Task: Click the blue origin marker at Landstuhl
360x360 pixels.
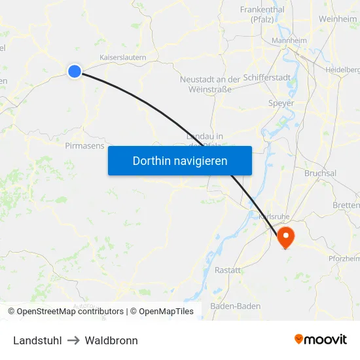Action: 75,71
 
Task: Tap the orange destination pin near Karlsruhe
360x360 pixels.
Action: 286,236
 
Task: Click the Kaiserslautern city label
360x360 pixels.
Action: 122,58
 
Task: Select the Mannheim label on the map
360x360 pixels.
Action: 289,41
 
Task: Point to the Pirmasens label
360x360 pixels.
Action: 85,146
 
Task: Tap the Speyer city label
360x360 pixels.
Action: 281,103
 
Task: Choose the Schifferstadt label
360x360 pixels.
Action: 267,77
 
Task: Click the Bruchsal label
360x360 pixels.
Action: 320,173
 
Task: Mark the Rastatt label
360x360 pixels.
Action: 227,270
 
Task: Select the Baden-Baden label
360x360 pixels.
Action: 235,306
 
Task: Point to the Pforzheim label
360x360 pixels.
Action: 344,259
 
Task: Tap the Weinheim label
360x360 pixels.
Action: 338,20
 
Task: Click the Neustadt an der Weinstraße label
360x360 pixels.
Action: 209,84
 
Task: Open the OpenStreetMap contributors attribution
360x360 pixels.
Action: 70,312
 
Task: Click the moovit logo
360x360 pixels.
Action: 320,339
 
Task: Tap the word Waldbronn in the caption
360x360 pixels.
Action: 111,340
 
